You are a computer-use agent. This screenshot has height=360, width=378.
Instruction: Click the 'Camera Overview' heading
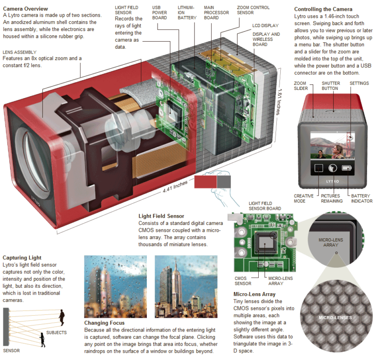tap(26, 9)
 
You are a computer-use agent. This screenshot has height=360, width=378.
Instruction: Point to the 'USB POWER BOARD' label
tap(160, 13)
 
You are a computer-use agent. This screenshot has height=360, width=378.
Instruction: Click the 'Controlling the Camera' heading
tap(323, 9)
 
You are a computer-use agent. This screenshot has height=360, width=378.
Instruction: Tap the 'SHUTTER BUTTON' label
tap(330, 86)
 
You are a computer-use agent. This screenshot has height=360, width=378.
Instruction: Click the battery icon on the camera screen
tap(347, 168)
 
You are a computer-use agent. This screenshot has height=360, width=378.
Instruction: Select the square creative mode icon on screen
tap(319, 168)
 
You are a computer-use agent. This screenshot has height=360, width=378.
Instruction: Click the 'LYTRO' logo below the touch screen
tap(333, 181)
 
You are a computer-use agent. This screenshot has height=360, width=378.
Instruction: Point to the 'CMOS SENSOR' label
tap(243, 280)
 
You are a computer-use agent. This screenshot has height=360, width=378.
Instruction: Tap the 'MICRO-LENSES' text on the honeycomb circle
tap(335, 318)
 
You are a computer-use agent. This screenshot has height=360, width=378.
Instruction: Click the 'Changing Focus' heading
tap(104, 323)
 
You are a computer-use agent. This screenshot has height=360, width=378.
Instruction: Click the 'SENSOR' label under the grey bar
tap(12, 351)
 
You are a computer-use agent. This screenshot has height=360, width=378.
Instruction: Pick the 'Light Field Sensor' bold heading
tap(162, 216)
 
